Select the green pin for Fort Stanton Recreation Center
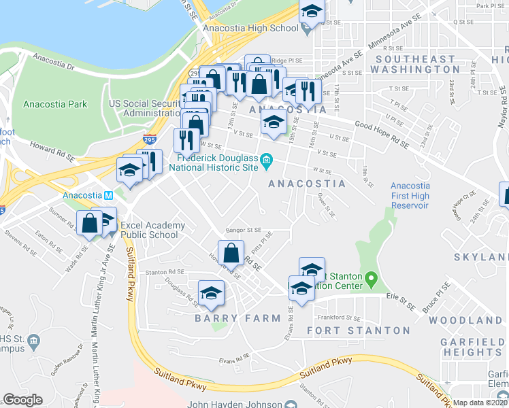tap(371, 279)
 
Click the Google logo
tap(22, 400)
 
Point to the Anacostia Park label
tap(54, 104)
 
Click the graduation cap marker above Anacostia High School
tap(312, 12)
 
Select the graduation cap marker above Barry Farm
tap(212, 292)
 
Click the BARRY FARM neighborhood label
tap(237, 318)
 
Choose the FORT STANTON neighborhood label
tap(358, 330)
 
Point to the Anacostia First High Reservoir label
tap(410, 195)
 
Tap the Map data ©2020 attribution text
tap(480, 403)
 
